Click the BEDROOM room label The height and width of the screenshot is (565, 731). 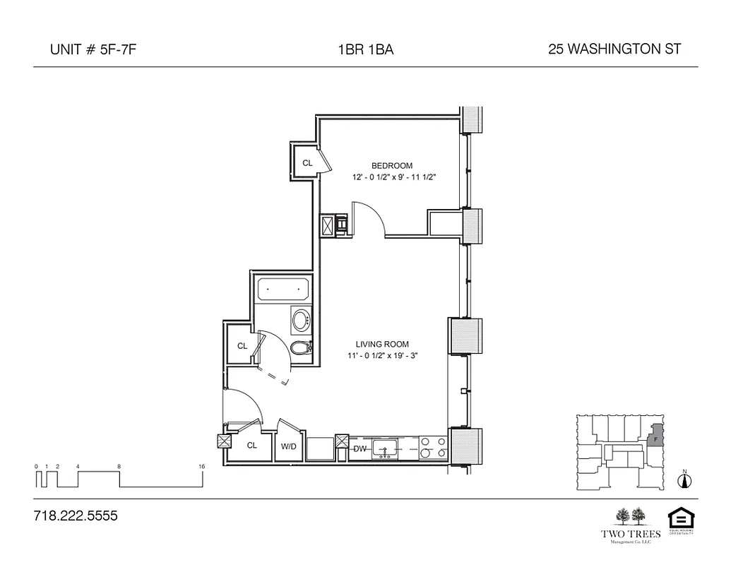[392, 166]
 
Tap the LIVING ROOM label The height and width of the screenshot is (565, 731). [383, 345]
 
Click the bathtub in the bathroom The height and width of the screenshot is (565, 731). [283, 289]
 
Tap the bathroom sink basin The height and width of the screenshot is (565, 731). [302, 321]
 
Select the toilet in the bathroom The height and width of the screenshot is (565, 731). [301, 348]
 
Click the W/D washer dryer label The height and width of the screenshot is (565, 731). [289, 446]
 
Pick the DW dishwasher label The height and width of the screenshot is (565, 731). [360, 448]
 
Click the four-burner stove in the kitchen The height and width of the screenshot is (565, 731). [433, 447]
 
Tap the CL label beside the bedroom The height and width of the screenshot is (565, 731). [307, 163]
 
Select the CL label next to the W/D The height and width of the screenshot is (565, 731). [251, 446]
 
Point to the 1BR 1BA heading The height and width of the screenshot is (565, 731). [365, 49]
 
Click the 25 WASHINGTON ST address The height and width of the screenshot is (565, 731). [614, 49]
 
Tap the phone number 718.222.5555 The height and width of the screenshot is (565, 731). [76, 516]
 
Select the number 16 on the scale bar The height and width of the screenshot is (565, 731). [202, 467]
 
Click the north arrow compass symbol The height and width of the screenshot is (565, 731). [683, 481]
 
